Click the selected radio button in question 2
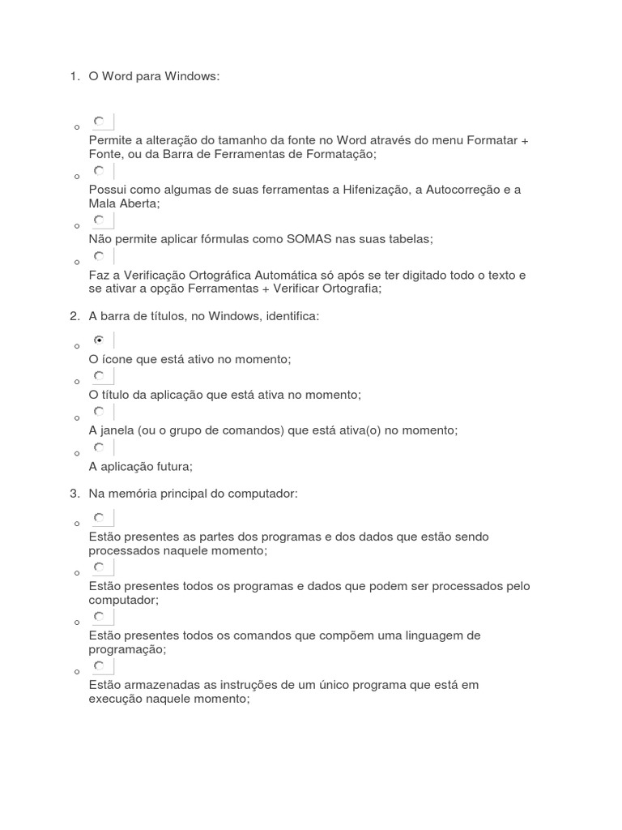99,340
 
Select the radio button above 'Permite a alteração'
99,122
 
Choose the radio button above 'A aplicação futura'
99,447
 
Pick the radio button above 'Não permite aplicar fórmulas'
99,220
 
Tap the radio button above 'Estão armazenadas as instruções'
99,665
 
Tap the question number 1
74,77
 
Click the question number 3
74,493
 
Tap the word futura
173,466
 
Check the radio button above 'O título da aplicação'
99,375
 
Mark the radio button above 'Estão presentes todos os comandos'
99,616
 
